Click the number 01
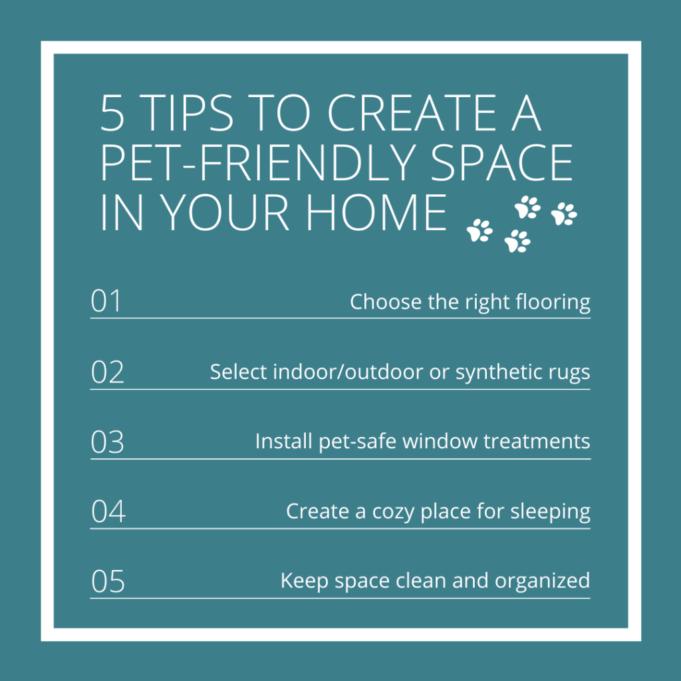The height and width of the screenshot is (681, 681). coord(106,301)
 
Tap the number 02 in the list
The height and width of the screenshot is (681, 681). coord(107,372)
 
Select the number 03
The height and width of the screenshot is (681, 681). coord(107,442)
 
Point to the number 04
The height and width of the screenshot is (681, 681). coord(108,511)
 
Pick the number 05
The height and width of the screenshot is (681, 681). coord(108,581)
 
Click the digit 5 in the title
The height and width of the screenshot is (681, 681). coord(112,113)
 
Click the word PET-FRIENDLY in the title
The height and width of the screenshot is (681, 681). coord(258,162)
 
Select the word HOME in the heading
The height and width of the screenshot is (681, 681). coord(376,212)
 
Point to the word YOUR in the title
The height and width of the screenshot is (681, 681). coord(224,212)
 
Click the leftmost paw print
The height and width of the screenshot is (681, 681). coord(479,230)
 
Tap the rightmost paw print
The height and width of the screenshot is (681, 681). coord(564,213)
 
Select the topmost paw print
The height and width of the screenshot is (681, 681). coord(527,207)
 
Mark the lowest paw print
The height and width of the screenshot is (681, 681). coord(517,241)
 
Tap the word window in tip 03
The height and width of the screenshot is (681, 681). coord(440,442)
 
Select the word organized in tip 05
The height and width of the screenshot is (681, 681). coord(542,582)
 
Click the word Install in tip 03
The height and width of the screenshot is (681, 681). coord(283,442)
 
